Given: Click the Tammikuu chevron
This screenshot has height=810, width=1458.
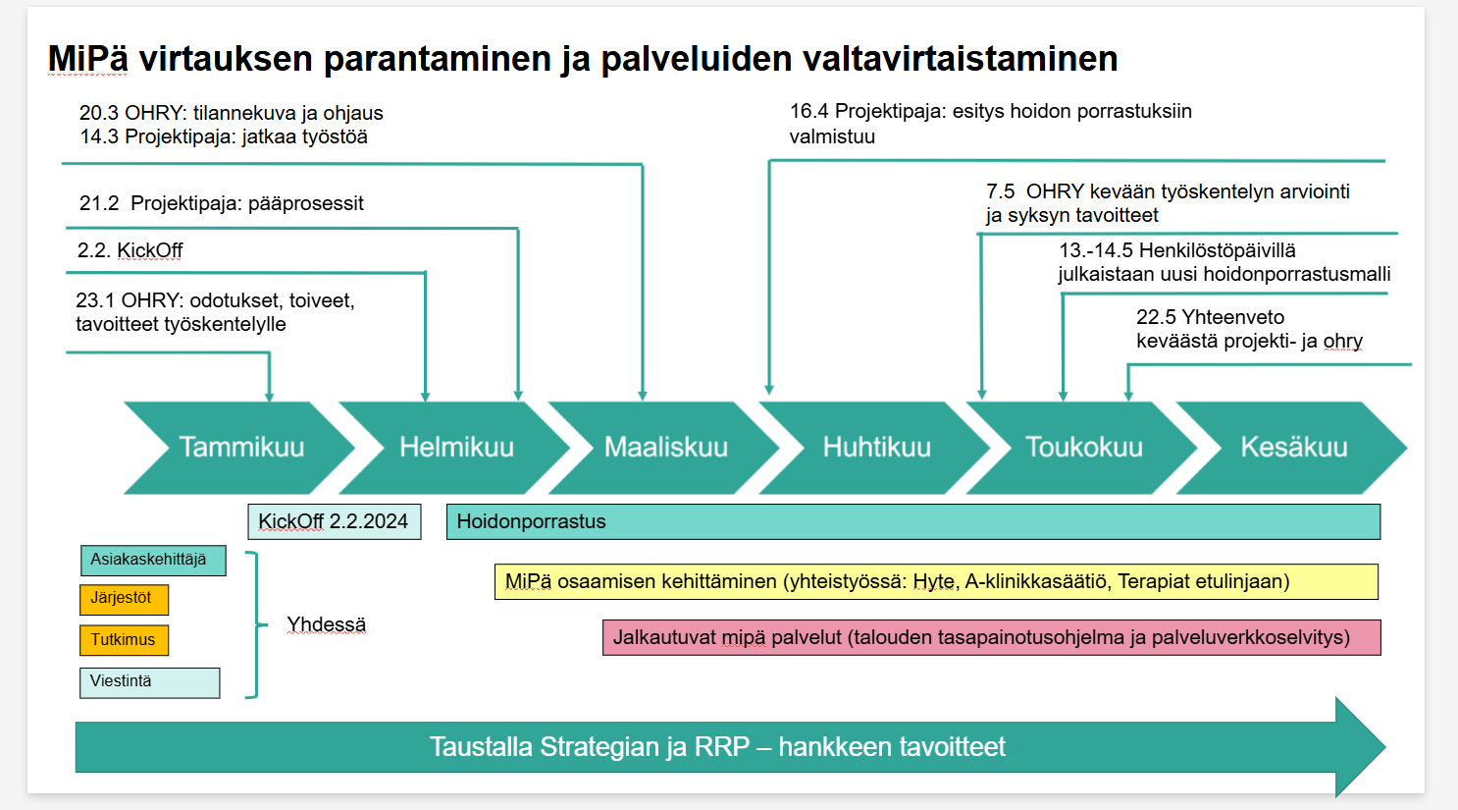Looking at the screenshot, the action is pyautogui.click(x=240, y=448).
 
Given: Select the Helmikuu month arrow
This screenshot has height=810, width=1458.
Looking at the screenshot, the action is pyautogui.click(x=455, y=448).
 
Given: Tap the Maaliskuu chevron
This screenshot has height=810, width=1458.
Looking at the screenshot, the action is pyautogui.click(x=665, y=448).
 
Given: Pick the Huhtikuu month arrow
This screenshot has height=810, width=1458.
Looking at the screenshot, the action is pyautogui.click(x=876, y=448).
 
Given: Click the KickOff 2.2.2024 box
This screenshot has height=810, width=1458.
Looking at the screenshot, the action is pyautogui.click(x=335, y=521).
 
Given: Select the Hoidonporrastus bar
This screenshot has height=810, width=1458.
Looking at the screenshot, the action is pyautogui.click(x=913, y=521).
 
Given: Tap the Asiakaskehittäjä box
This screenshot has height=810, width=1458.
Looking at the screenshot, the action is pyautogui.click(x=154, y=560).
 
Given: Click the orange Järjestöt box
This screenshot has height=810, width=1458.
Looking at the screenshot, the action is pyautogui.click(x=125, y=599).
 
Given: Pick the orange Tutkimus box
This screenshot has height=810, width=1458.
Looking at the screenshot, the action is pyautogui.click(x=125, y=640).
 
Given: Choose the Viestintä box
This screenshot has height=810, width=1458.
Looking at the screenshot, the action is pyautogui.click(x=150, y=682).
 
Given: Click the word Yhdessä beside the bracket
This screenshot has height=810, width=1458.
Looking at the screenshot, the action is pyautogui.click(x=326, y=624).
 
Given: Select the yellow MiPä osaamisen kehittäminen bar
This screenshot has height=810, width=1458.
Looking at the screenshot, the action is pyautogui.click(x=937, y=581).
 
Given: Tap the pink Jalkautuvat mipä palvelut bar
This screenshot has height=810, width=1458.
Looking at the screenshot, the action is pyautogui.click(x=992, y=637).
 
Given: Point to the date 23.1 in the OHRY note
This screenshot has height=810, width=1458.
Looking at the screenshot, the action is pyautogui.click(x=96, y=300).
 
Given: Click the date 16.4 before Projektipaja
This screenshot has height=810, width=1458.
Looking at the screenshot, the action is pyautogui.click(x=809, y=111).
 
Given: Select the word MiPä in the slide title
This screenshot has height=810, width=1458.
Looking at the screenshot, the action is pyautogui.click(x=88, y=59).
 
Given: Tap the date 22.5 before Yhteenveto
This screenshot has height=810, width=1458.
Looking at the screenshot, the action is pyautogui.click(x=1156, y=317).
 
